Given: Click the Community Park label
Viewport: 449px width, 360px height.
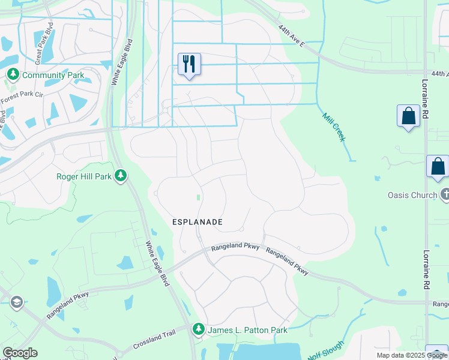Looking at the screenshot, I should point(52,76).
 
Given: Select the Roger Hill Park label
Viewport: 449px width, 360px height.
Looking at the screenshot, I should point(84,176).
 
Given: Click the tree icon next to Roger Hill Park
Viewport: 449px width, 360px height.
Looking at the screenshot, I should point(121,175).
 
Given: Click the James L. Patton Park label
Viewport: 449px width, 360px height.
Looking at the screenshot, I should point(247,330).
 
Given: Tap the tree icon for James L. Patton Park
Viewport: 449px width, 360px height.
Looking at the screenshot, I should point(198,329).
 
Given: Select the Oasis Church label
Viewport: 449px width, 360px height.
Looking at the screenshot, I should point(412,195).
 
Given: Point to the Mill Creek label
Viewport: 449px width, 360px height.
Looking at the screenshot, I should point(334,127).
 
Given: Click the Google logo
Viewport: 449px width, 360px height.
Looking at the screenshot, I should point(20,353).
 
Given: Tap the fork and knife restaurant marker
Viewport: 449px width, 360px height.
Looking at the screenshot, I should point(190,63).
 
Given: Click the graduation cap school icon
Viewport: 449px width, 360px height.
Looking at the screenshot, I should point(16,301).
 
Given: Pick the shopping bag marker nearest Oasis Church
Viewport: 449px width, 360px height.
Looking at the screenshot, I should point(438,166).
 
